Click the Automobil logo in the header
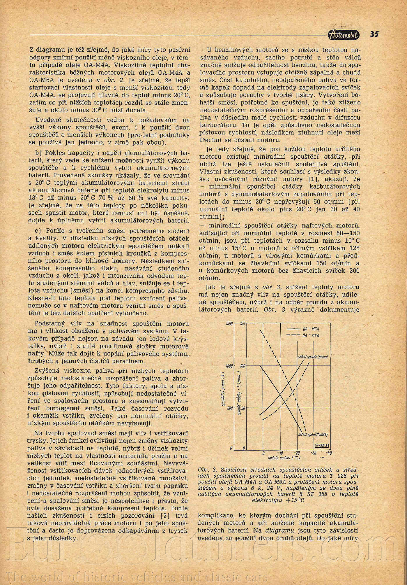pos(344,35)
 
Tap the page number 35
pos(374,34)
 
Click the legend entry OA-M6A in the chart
pos(309,329)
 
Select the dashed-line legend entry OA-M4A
pos(309,335)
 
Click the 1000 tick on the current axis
pos(230,366)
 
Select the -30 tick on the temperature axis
pos(313,453)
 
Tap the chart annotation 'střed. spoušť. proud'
pos(312,357)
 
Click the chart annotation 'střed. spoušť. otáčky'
pos(313,435)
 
